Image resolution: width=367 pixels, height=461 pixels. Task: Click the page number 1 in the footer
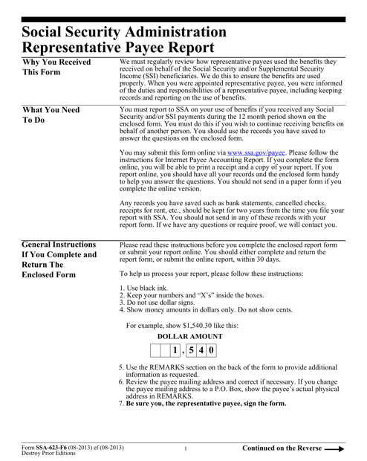184,450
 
